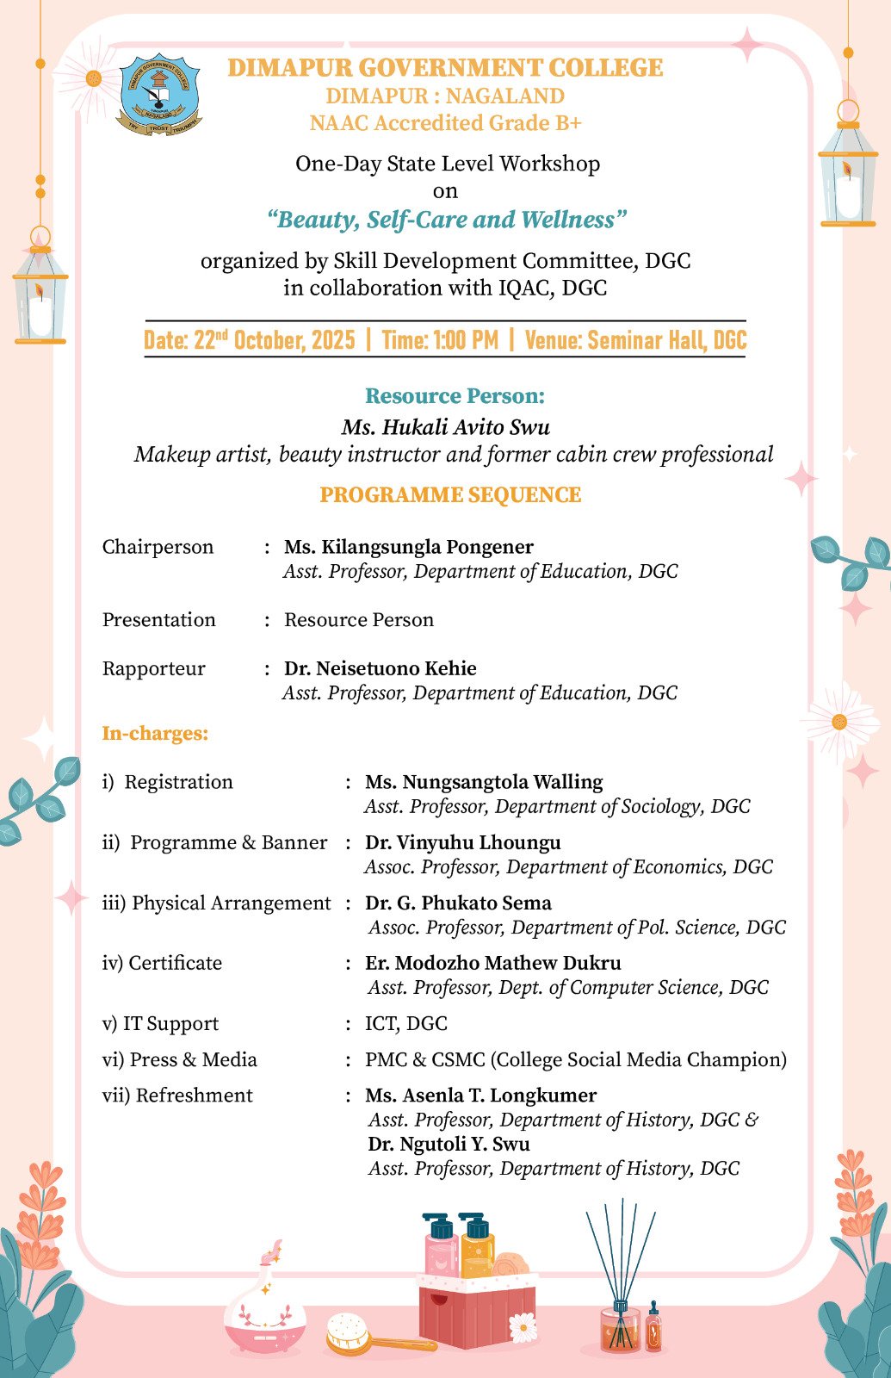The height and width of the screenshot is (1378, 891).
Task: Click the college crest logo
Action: coord(159,95)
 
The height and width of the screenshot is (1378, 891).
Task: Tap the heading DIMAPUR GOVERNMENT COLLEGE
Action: coord(445,68)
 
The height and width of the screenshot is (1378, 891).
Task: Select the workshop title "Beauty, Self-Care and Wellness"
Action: coord(446,220)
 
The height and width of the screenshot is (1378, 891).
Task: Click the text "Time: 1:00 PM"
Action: coord(440,340)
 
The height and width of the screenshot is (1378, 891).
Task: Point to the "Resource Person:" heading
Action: coord(455,396)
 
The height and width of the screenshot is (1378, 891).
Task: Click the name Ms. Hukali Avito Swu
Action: coord(445,427)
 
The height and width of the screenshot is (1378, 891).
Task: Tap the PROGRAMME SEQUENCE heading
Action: coord(450,495)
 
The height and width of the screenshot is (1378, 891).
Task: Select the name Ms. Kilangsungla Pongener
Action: coord(409,547)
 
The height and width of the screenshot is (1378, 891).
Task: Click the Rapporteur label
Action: coord(154,669)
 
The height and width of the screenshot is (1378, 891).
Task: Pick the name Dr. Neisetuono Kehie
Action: coord(381,668)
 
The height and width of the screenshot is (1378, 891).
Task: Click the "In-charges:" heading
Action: coord(156,734)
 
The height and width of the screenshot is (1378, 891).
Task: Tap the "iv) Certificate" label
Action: coord(162,963)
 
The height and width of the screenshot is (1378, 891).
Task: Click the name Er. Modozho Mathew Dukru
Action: coord(493,963)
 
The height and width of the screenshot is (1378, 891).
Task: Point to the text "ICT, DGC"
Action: coord(406,1024)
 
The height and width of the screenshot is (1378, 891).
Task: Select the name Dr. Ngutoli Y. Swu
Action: coord(449,1145)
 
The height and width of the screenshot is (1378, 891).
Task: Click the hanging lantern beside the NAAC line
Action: coord(848,172)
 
